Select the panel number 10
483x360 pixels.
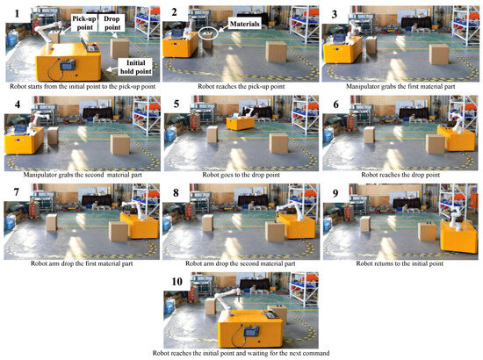point(177,283)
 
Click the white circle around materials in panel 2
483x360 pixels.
point(208,32)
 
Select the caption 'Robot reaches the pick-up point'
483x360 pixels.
point(241,86)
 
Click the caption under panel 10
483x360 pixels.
point(241,352)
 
